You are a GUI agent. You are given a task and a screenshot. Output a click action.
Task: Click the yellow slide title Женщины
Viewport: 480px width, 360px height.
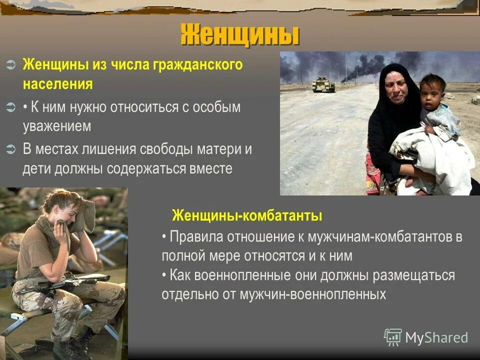(x=240, y=35)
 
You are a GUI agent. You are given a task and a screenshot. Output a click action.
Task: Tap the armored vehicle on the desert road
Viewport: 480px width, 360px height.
(x=323, y=84)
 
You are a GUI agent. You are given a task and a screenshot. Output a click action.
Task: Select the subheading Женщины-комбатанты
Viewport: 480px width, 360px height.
(x=247, y=216)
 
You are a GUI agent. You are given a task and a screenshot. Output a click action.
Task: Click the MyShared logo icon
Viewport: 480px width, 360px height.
(x=393, y=337)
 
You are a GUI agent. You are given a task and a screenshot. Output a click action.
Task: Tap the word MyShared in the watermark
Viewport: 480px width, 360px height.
(x=436, y=338)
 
